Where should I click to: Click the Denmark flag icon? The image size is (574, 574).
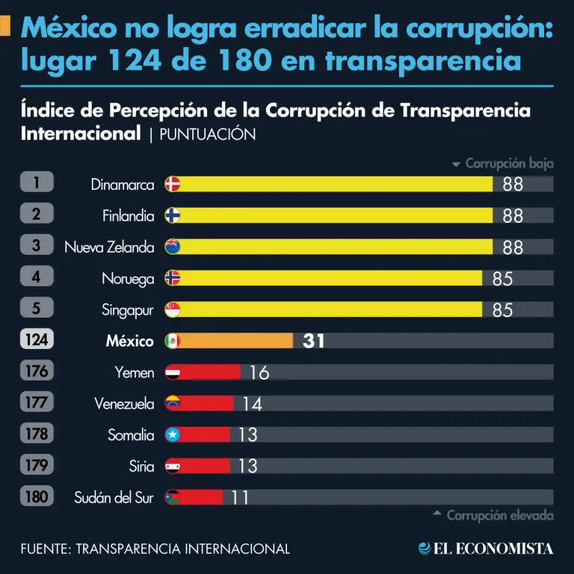coord(173,184)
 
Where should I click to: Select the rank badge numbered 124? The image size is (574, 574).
coord(37,340)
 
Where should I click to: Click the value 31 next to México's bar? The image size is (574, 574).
coord(314,341)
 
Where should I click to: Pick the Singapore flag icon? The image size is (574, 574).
coord(173,309)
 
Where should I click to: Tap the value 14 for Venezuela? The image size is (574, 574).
coord(252,404)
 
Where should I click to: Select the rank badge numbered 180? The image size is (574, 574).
coord(37,496)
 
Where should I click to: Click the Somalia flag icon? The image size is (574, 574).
coord(173,435)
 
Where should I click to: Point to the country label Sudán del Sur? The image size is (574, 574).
coord(114,497)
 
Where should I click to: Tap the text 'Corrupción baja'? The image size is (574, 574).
coord(509,164)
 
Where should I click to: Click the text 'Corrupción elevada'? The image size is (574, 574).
coord(499,515)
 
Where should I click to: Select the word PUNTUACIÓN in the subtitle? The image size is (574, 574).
coord(208,135)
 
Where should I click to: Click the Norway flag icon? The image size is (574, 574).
coord(173,278)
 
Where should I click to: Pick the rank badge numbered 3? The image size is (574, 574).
coord(37,246)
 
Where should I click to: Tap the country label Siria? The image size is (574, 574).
coord(142,466)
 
